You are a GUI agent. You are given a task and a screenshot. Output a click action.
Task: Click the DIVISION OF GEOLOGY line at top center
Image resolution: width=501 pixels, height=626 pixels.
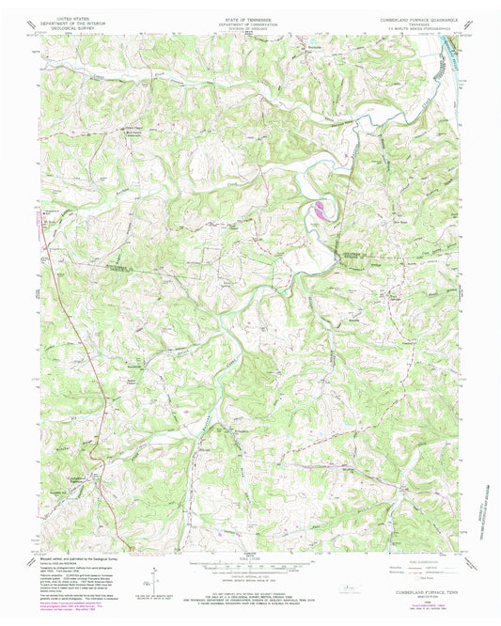point(250,27)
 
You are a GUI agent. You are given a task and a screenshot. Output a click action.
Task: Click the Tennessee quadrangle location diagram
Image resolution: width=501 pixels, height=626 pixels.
point(353,588)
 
